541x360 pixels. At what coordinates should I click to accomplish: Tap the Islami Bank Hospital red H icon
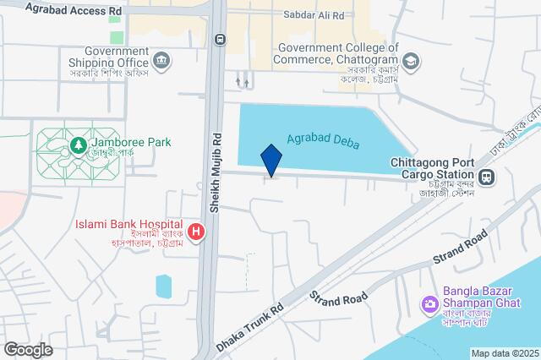(x=196, y=231)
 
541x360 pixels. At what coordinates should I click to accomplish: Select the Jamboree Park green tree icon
(x=78, y=145)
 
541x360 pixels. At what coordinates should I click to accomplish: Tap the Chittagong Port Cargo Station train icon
(x=485, y=177)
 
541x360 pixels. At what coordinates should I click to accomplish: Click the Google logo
(x=28, y=349)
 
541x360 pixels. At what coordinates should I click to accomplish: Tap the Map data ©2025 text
(x=504, y=353)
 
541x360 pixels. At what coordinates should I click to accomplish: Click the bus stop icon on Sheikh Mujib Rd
(x=220, y=38)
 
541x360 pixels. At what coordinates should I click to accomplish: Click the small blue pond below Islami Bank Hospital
(x=164, y=286)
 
